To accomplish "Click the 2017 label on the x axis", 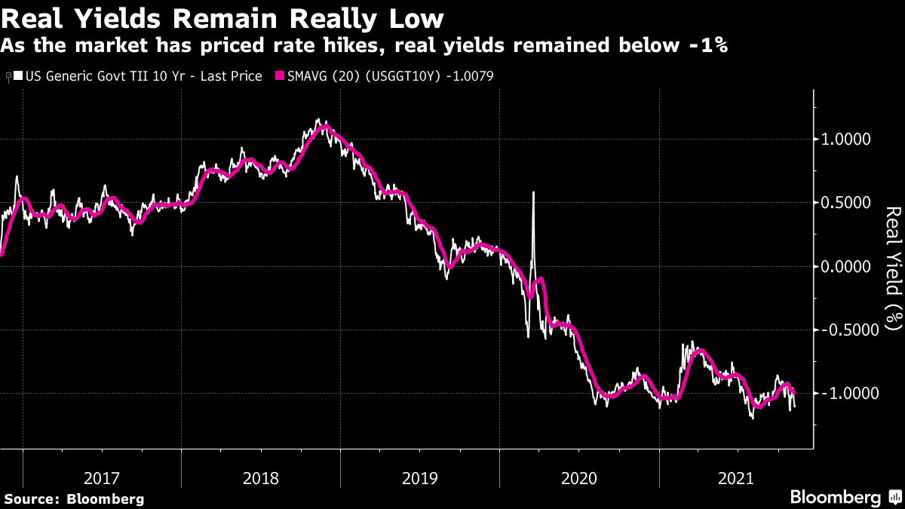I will click(x=101, y=478).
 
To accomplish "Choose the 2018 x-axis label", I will click(x=260, y=478).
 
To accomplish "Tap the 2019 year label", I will click(x=419, y=478).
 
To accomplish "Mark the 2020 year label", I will click(x=578, y=478).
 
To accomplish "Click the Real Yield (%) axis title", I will click(x=892, y=268).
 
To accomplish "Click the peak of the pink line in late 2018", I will click(x=324, y=127).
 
